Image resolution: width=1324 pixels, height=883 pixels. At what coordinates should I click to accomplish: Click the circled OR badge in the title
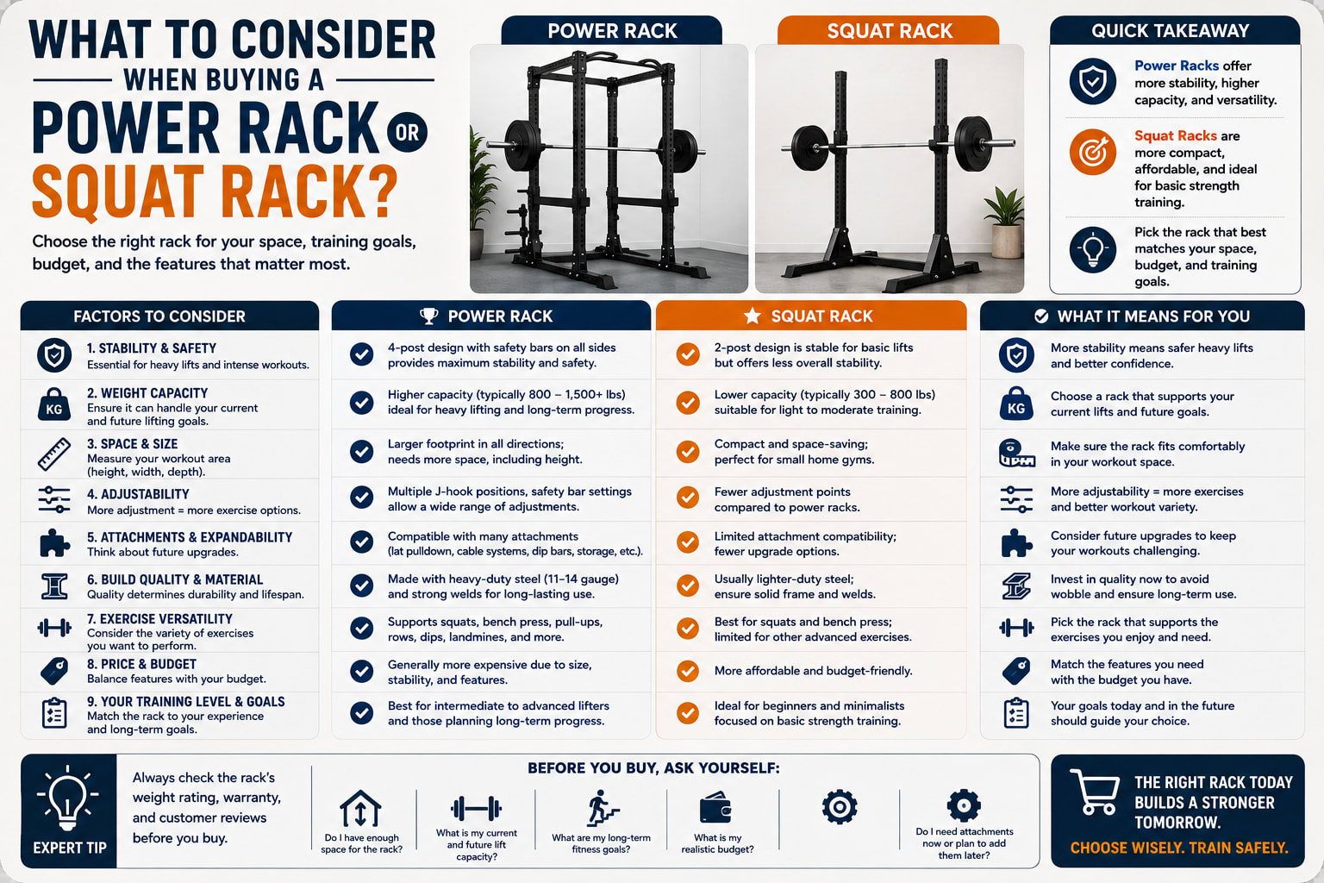(x=407, y=132)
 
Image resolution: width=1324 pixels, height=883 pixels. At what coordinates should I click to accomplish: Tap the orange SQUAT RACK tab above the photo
(x=889, y=30)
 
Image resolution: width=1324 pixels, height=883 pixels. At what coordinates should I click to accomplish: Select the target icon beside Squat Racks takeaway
(x=1092, y=152)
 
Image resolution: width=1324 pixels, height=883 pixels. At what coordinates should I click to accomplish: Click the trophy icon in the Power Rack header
(x=428, y=316)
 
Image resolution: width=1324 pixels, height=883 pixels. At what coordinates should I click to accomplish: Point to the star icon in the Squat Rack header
(x=752, y=316)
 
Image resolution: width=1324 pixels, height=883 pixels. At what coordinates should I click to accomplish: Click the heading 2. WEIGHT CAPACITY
(x=147, y=393)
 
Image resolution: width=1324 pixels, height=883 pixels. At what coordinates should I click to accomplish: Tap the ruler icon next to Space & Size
(x=54, y=454)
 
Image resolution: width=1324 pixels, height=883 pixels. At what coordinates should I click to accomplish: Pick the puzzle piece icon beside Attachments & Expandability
(x=54, y=542)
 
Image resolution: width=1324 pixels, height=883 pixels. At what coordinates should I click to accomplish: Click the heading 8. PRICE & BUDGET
(x=142, y=664)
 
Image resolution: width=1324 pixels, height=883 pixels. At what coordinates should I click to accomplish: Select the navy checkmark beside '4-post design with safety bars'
(x=361, y=354)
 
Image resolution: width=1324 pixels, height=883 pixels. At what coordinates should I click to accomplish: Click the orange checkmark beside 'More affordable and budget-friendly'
(x=687, y=671)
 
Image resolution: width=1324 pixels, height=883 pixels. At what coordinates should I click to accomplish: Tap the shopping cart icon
(x=1096, y=792)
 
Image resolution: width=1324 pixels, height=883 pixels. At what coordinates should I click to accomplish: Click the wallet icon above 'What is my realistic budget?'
(x=715, y=807)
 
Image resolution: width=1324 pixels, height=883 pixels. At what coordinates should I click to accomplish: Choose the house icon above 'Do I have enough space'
(x=360, y=809)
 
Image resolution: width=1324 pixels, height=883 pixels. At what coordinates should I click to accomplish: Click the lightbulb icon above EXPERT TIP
(x=68, y=798)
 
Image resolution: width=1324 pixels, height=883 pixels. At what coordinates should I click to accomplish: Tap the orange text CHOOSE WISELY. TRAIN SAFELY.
(x=1178, y=849)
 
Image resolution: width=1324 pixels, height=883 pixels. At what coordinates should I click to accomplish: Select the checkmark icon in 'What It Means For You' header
(x=1041, y=316)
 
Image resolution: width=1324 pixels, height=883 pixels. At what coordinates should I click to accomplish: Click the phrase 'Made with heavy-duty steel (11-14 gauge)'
(x=503, y=579)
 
